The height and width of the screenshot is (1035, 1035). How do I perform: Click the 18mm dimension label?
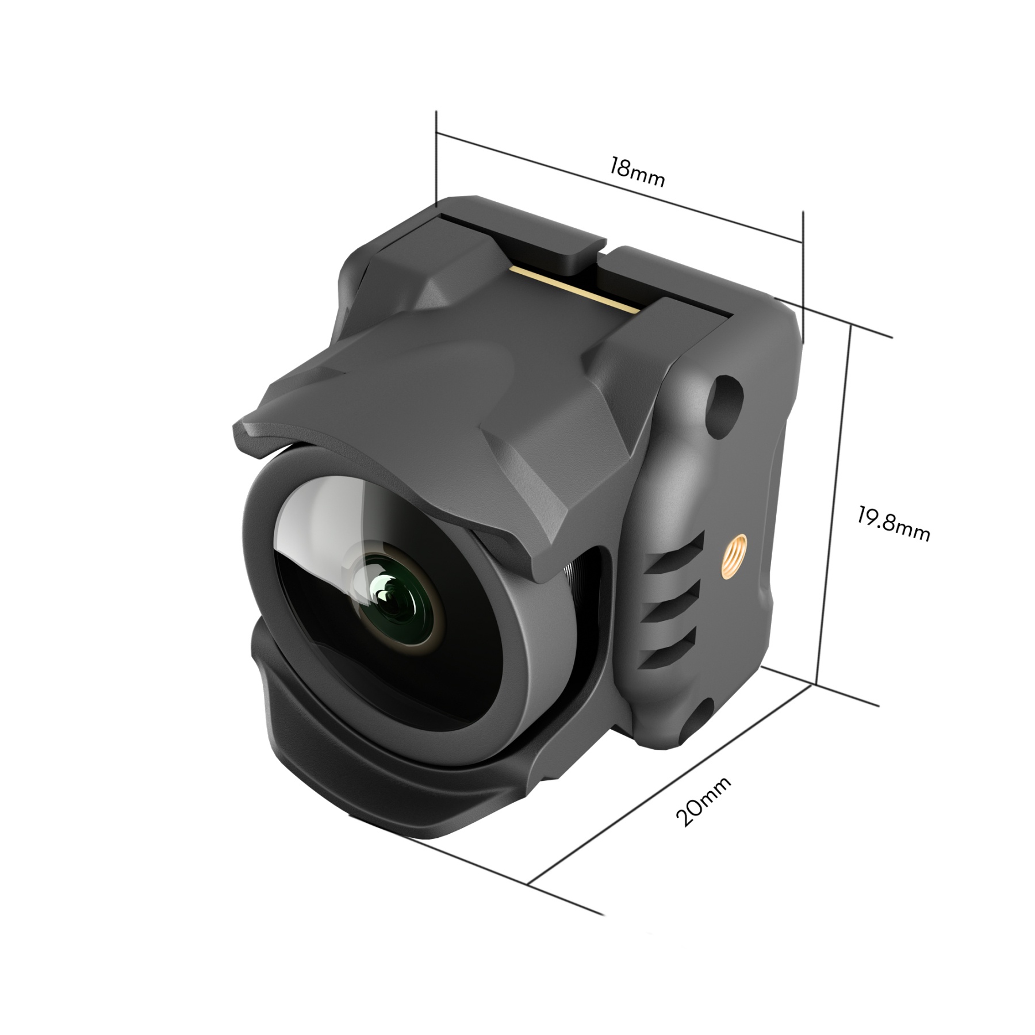(x=637, y=172)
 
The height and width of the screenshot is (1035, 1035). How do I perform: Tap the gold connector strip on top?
(x=575, y=287)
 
